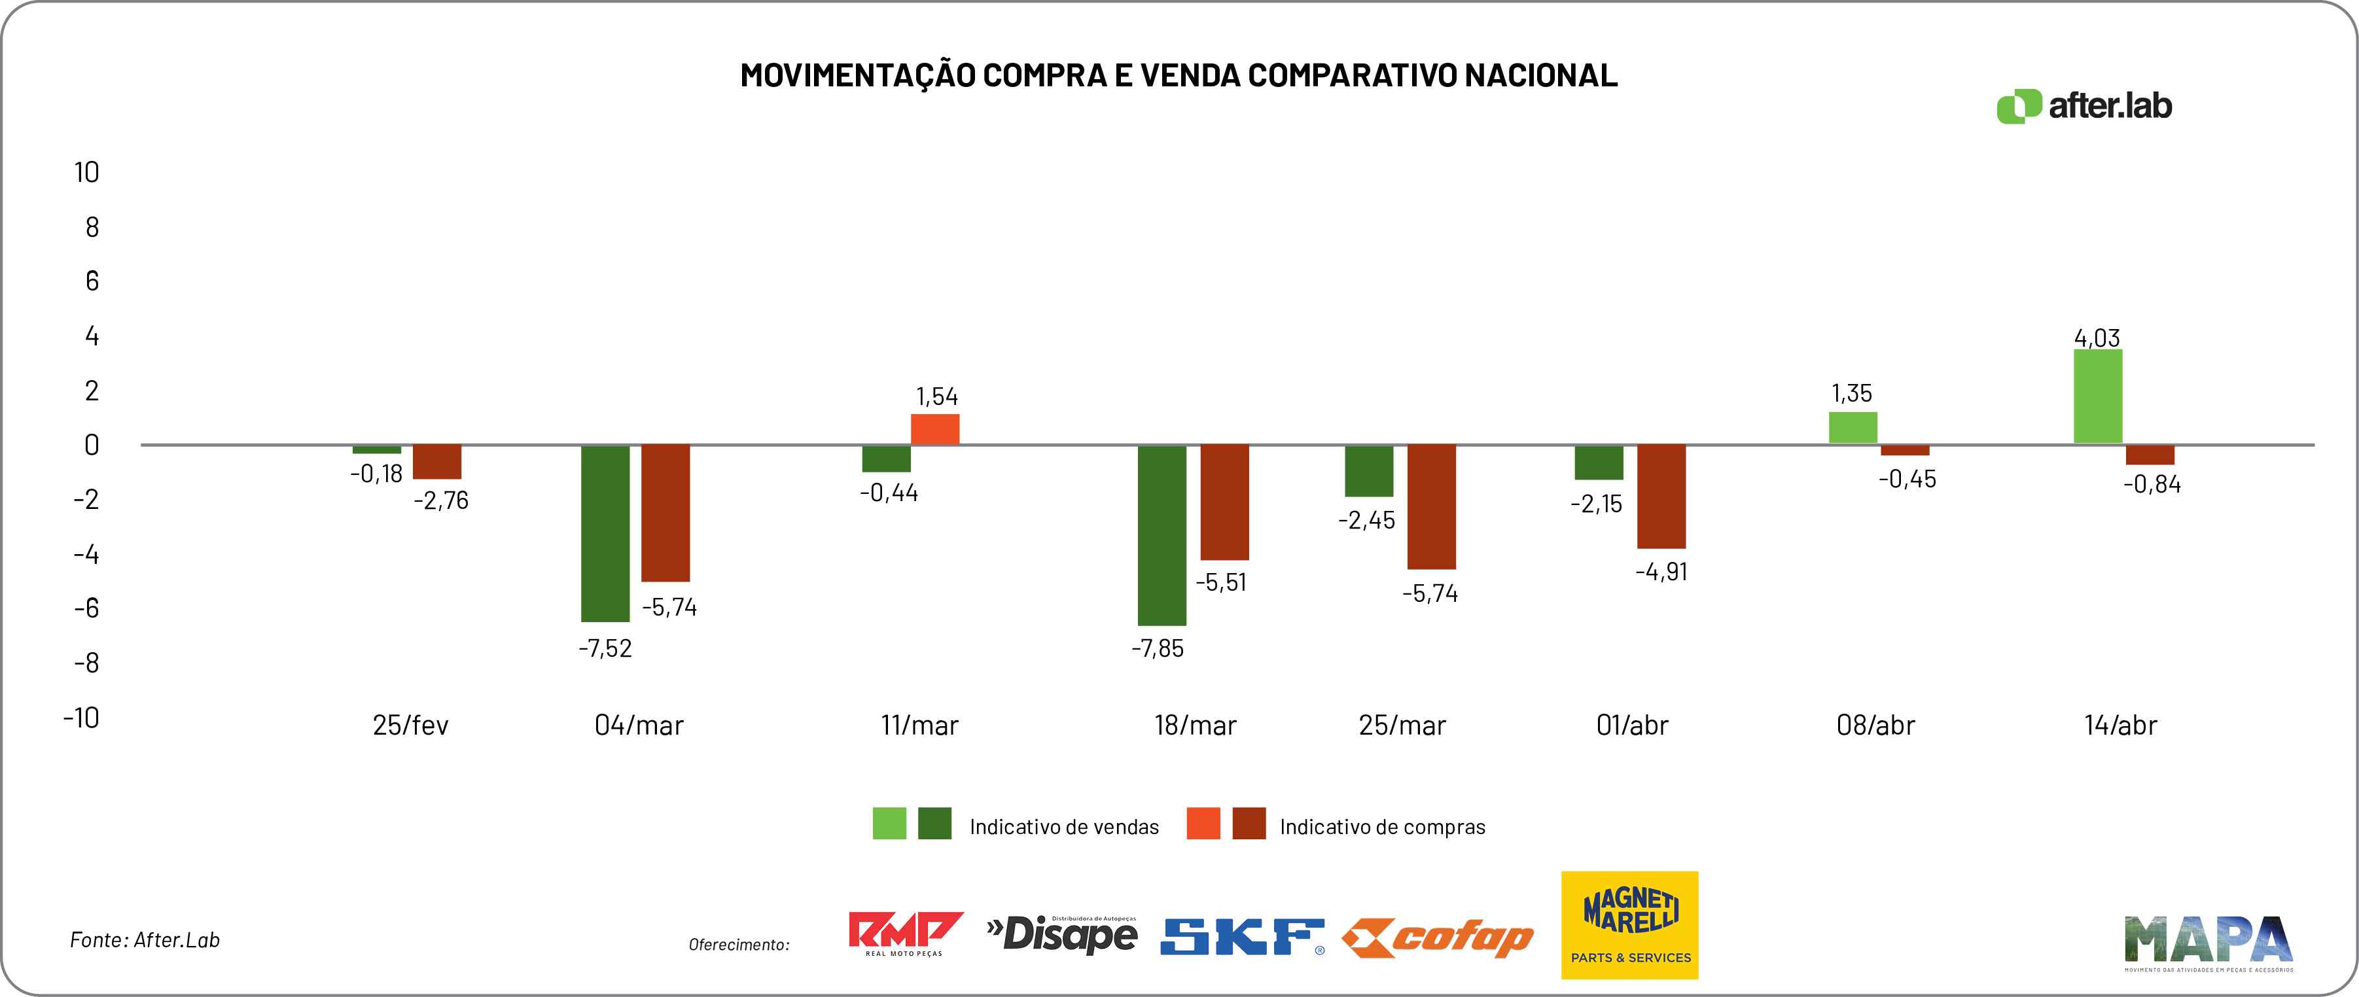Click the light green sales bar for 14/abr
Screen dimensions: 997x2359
tap(2097, 396)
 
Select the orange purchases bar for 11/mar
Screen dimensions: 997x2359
tap(935, 429)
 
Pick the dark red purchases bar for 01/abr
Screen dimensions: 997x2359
tap(1661, 497)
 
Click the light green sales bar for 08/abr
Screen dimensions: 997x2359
tap(1853, 428)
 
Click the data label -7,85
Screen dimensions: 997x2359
tap(1158, 648)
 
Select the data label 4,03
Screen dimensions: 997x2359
tap(2097, 338)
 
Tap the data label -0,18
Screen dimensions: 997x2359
tap(376, 474)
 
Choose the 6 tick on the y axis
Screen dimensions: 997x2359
tap(92, 281)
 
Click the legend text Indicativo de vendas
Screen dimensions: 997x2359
tap(1064, 827)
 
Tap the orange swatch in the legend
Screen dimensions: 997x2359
tap(1202, 823)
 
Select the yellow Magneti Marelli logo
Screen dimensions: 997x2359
tap(1629, 924)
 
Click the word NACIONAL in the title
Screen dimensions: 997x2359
tap(1540, 75)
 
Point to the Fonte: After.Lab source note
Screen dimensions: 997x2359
tap(145, 940)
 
